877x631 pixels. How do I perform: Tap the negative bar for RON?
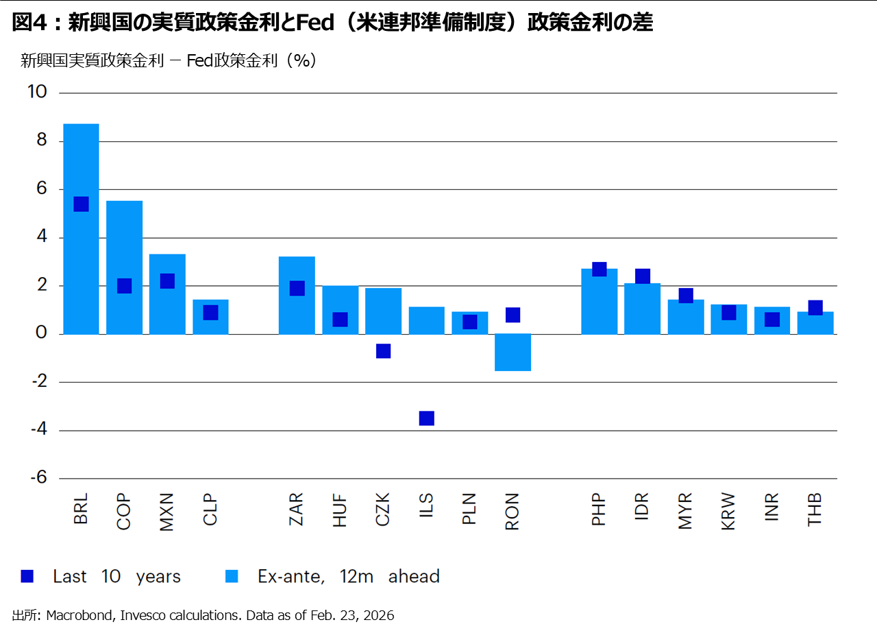pyautogui.click(x=513, y=353)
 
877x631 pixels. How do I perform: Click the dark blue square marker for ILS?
pyautogui.click(x=427, y=418)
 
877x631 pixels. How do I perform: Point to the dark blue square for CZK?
pyautogui.click(x=384, y=351)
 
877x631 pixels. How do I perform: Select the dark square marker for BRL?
pyautogui.click(x=81, y=204)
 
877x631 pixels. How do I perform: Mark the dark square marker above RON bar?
pyautogui.click(x=513, y=315)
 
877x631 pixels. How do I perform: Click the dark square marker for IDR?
pyautogui.click(x=643, y=276)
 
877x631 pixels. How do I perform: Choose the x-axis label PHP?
pyautogui.click(x=600, y=510)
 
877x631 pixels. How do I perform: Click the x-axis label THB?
pyautogui.click(x=815, y=510)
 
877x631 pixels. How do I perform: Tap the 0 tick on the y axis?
pyautogui.click(x=40, y=333)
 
